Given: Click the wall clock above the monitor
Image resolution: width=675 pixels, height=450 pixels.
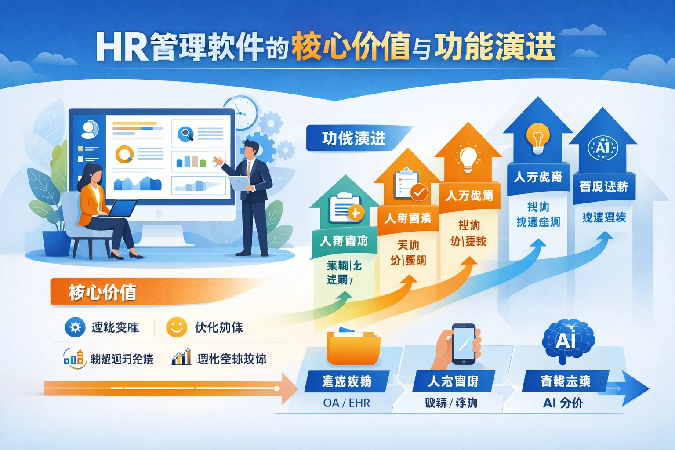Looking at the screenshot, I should click(x=241, y=112).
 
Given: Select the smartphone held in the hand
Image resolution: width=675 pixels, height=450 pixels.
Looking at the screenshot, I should click(x=464, y=344).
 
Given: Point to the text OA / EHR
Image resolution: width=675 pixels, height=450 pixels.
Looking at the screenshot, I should click(x=346, y=403).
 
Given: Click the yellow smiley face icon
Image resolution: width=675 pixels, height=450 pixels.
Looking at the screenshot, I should click(x=177, y=327).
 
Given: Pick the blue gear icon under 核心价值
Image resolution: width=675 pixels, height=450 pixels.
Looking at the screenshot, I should click(x=75, y=327).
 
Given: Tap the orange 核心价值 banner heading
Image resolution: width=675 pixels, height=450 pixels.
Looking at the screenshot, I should click(x=102, y=293).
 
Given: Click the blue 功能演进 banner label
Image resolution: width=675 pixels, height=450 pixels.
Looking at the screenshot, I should click(x=354, y=138).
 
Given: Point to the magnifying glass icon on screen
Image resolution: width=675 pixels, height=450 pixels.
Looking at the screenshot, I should click(x=185, y=133).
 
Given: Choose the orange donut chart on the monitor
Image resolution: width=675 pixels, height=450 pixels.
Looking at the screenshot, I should click(x=124, y=154).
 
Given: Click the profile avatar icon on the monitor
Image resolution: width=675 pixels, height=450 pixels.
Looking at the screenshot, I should click(x=89, y=129).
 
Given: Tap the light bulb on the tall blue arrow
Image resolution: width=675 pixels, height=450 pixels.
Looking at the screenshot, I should click(x=538, y=137).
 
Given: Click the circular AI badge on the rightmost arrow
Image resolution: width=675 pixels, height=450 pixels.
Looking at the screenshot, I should click(x=603, y=148).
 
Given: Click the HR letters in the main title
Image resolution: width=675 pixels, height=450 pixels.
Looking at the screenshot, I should click(x=121, y=47).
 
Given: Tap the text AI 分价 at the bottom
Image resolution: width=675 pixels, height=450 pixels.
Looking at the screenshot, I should click(x=563, y=403).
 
